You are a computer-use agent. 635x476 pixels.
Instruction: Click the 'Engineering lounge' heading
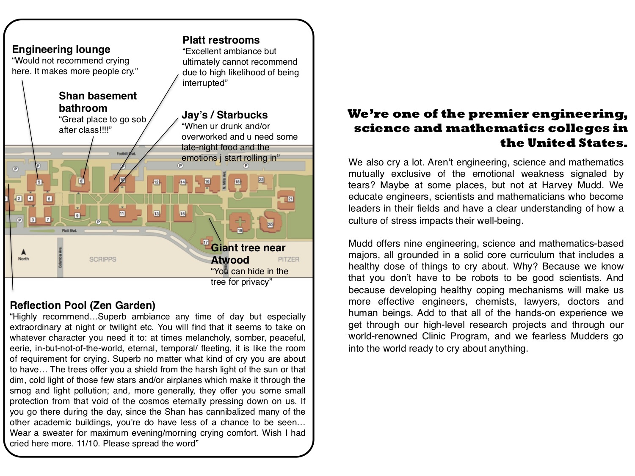(61, 50)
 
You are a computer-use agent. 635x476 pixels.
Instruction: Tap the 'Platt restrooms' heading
(221, 40)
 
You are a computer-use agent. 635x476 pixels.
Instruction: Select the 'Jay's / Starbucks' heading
(224, 115)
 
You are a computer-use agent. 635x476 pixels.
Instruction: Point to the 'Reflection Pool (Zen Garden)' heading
(83, 305)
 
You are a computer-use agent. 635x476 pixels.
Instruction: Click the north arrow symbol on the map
(23, 253)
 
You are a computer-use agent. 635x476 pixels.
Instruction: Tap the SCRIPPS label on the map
(102, 259)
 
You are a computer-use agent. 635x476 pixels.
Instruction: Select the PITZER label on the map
(289, 259)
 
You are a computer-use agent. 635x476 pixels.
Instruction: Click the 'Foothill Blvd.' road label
(126, 154)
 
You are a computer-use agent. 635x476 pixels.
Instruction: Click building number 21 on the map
(290, 199)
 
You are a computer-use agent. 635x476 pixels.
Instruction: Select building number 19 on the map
(240, 230)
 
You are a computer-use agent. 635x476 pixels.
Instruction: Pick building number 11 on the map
(122, 213)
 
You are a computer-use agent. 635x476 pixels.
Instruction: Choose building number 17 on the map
(206, 242)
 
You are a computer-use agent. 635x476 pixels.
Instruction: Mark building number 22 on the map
(261, 180)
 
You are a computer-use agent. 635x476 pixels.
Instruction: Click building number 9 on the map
(77, 215)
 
